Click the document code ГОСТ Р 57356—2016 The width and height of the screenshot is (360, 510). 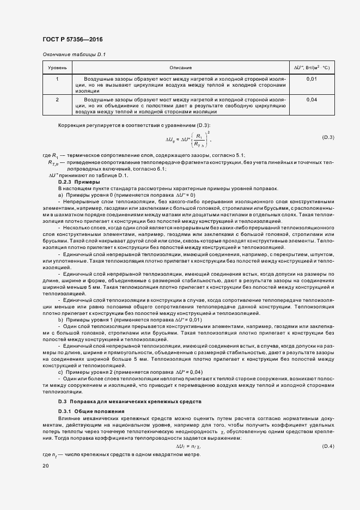click(72, 40)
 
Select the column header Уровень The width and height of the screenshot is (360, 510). click(57, 68)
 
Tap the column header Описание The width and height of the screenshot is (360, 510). click(180, 68)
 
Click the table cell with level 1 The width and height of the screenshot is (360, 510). click(57, 80)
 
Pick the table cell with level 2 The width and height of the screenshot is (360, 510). click(57, 100)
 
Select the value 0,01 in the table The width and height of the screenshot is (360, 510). click(312, 80)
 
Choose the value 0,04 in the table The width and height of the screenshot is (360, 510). click(312, 100)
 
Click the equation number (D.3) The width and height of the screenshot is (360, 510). click(328, 137)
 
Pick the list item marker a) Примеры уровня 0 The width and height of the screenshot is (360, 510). click(60, 195)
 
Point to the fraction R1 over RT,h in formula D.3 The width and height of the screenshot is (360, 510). click(200, 141)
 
